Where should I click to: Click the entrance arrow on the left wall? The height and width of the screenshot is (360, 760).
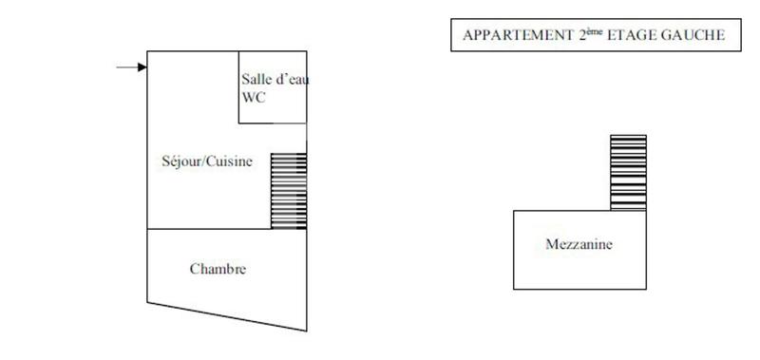coord(131,66)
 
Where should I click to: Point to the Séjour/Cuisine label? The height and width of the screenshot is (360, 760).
coord(207,161)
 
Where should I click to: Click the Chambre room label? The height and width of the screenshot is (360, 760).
coord(218,269)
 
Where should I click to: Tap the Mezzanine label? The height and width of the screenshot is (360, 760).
coord(579,245)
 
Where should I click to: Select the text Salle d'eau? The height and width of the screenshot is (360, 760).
coord(274,80)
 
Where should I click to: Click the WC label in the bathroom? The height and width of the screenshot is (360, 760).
coord(255,98)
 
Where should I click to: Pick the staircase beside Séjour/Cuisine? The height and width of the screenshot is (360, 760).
coord(289,191)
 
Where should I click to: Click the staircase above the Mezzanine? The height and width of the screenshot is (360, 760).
coord(627,172)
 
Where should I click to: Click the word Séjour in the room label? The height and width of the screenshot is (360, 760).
coord(180,161)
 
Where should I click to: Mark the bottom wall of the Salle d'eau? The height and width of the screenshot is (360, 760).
coord(272,123)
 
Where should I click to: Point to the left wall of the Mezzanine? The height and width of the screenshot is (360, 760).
coord(514,249)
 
